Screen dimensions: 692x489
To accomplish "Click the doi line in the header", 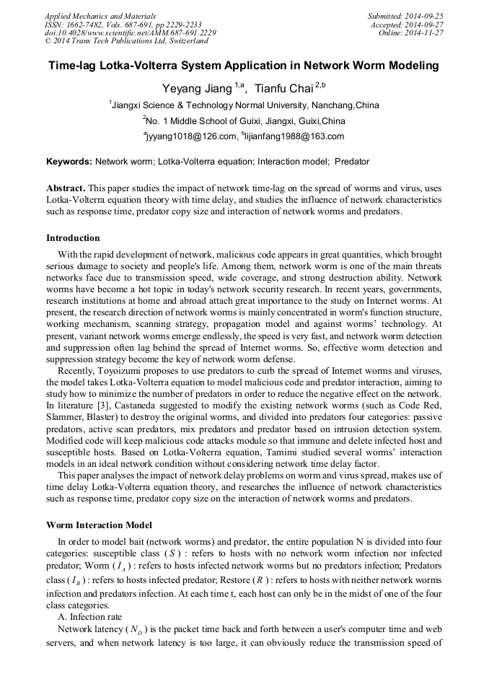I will click(x=130, y=32).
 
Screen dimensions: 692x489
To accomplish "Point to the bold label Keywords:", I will click(x=69, y=162).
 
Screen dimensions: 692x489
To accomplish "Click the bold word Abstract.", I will click(x=66, y=187).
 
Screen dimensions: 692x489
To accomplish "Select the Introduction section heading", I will click(x=73, y=238).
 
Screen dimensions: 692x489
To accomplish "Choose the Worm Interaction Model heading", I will click(x=99, y=525).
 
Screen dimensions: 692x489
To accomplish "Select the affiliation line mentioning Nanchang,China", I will click(x=244, y=105).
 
